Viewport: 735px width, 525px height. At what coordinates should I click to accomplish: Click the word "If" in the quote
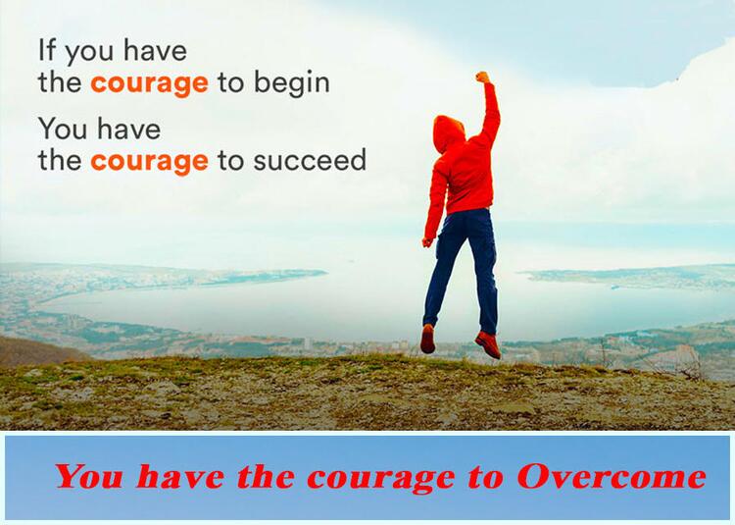pyautogui.click(x=46, y=50)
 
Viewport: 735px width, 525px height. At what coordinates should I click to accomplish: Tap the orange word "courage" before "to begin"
pyautogui.click(x=149, y=84)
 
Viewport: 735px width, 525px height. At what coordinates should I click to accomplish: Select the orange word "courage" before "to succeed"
pyautogui.click(x=149, y=162)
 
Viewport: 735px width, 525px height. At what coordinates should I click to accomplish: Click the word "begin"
pyautogui.click(x=292, y=83)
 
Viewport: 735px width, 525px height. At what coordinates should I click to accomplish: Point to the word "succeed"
pyautogui.click(x=310, y=160)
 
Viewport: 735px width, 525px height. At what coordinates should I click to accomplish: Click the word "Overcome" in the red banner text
pyautogui.click(x=612, y=476)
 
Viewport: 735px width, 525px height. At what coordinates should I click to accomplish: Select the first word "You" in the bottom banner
pyautogui.click(x=89, y=476)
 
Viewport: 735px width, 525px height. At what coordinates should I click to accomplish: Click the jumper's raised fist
pyautogui.click(x=482, y=78)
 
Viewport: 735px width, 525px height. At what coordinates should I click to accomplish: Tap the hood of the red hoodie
pyautogui.click(x=448, y=133)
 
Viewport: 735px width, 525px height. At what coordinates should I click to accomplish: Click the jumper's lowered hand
pyautogui.click(x=427, y=242)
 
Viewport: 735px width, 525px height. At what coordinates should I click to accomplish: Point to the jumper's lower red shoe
pyautogui.click(x=488, y=344)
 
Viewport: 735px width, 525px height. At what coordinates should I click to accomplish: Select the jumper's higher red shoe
pyautogui.click(x=427, y=339)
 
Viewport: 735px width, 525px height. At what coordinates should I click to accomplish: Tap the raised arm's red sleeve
pyautogui.click(x=489, y=113)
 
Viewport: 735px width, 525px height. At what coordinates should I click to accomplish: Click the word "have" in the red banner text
pyautogui.click(x=180, y=476)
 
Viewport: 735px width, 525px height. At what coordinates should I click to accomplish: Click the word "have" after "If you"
pyautogui.click(x=155, y=50)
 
